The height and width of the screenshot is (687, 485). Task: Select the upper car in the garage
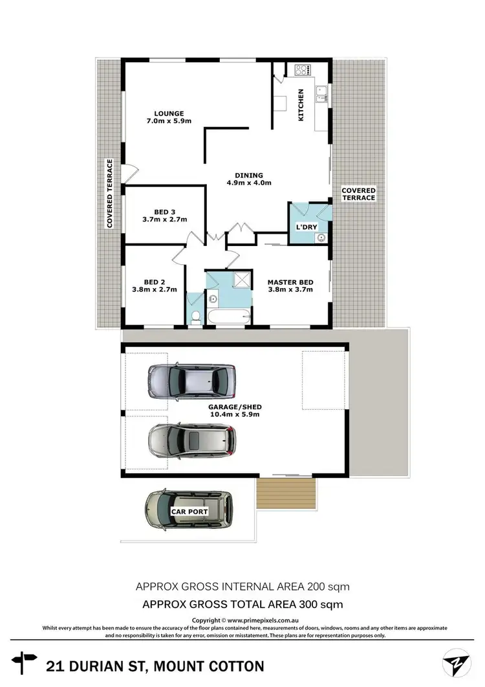point(191,382)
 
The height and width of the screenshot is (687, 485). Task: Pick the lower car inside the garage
point(193,442)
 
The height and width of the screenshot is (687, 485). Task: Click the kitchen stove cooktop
point(303,69)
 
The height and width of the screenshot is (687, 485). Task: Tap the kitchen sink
point(321,97)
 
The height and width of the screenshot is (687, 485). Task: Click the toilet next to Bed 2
point(196,316)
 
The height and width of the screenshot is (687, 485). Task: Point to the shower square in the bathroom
point(241,280)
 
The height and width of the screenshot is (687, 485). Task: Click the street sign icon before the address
point(28,662)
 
